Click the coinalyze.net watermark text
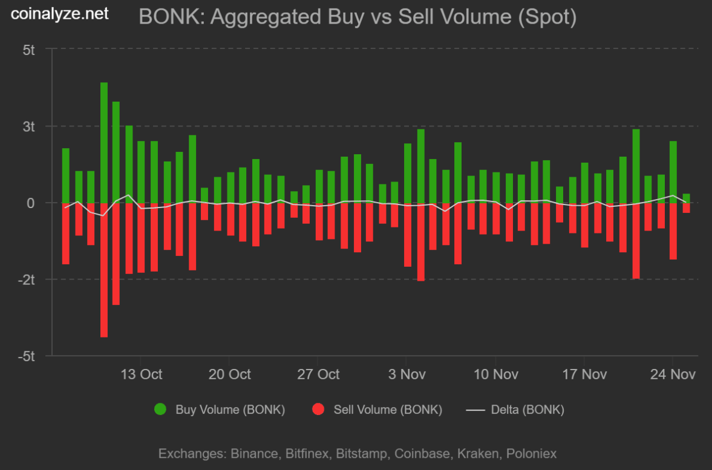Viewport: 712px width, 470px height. (60, 14)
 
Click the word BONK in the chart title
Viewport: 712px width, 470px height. (162, 16)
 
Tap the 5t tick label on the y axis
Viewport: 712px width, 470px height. (30, 50)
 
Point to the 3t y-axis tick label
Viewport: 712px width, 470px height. (30, 126)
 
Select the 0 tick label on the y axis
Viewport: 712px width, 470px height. (30, 203)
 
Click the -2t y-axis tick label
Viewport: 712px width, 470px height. (27, 279)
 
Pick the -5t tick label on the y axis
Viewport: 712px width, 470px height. (27, 356)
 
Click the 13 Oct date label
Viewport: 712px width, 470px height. (142, 374)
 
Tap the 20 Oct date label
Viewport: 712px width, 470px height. (230, 374)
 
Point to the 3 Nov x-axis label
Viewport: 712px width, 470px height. (407, 374)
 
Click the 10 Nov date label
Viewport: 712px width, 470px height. (496, 374)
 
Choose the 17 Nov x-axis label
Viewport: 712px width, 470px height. (584, 374)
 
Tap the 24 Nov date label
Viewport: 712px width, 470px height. (673, 374)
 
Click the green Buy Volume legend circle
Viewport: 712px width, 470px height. (160, 410)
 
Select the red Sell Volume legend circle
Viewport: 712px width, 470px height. (318, 410)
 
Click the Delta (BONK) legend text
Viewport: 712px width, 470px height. (527, 410)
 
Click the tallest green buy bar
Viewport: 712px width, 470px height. (104, 142)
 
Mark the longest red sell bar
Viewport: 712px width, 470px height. (104, 270)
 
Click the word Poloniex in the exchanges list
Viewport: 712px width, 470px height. (531, 453)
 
